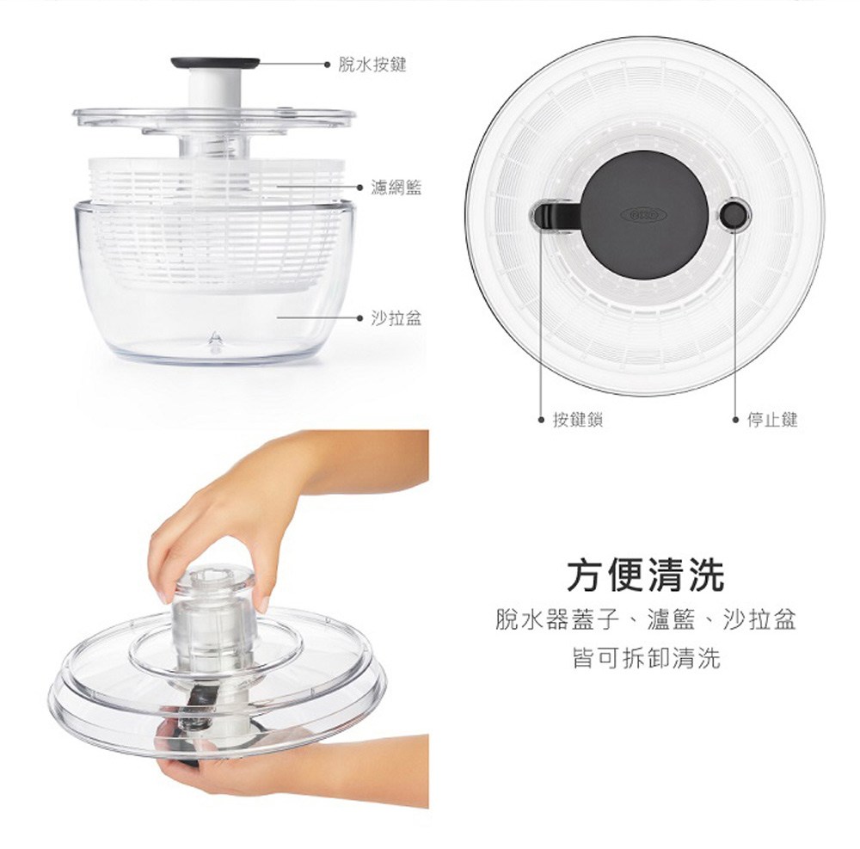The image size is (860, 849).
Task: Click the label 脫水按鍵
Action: click(372, 65)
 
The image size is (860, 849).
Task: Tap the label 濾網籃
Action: click(396, 188)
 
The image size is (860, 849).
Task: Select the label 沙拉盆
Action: click(396, 317)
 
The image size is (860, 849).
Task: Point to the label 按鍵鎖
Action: click(578, 420)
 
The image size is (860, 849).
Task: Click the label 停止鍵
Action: click(772, 420)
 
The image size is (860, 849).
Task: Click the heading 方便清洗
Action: click(646, 575)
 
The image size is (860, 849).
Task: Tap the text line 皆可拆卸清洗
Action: click(646, 657)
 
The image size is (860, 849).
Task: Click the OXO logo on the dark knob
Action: click(643, 214)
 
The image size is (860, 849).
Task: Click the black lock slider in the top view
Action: click(554, 215)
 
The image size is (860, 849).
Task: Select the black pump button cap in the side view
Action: click(215, 63)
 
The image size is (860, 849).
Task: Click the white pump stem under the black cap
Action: click(215, 88)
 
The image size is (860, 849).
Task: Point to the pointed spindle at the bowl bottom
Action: click(216, 341)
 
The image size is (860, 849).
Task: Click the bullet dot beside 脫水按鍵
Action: click(327, 65)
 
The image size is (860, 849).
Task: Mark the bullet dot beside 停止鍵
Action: click(735, 420)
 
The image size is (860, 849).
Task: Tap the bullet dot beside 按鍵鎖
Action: click(541, 420)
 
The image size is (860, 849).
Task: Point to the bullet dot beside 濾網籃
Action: click(359, 188)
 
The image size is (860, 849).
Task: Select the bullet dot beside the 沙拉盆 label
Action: click(359, 317)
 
